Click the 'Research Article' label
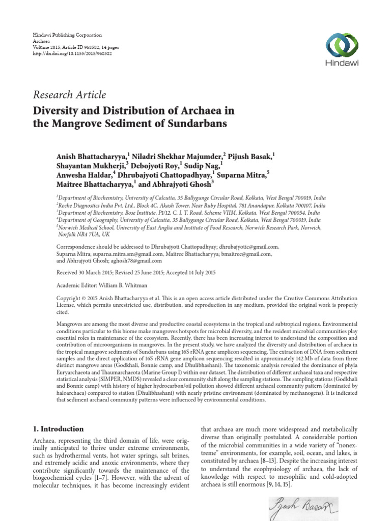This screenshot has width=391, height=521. click(x=69, y=95)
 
